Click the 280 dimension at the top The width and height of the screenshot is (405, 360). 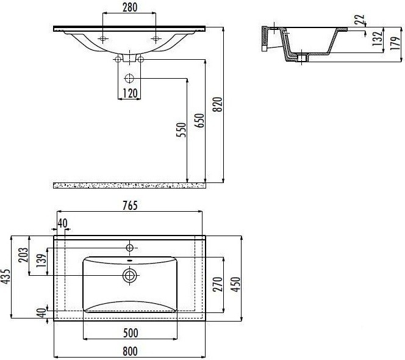[130, 7]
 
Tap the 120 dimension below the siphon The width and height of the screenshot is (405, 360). [130, 93]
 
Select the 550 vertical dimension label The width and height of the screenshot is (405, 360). [181, 130]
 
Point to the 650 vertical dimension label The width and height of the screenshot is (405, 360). [199, 120]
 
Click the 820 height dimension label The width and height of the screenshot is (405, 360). [218, 104]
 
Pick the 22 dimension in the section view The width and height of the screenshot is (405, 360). [359, 20]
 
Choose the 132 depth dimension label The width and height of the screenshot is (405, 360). [378, 38]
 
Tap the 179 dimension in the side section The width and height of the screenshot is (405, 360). [395, 43]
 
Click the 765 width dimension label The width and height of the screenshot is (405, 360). [130, 206]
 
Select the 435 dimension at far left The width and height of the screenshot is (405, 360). [6, 277]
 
